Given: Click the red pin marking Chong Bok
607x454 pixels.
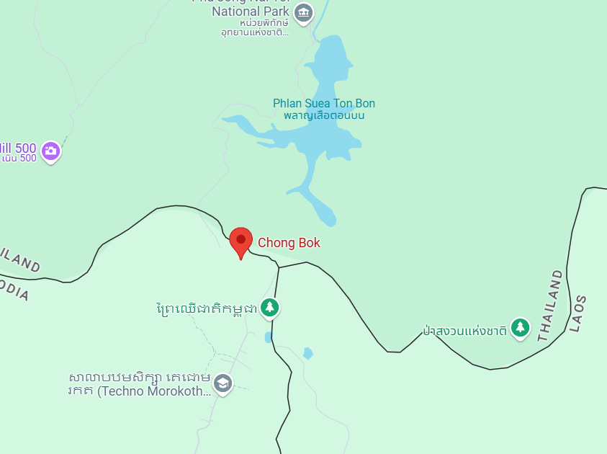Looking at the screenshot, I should pyautogui.click(x=240, y=241).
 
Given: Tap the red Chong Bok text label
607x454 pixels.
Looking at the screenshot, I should pyautogui.click(x=289, y=243).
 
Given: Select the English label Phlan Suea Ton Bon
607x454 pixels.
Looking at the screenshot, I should pyautogui.click(x=323, y=104).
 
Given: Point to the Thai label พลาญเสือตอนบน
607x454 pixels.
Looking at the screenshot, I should pyautogui.click(x=323, y=115).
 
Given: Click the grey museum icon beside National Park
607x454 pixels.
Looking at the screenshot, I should pyautogui.click(x=305, y=12).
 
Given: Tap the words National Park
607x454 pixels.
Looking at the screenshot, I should pyautogui.click(x=251, y=12).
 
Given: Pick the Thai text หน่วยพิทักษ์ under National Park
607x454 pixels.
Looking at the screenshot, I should pyautogui.click(x=255, y=23).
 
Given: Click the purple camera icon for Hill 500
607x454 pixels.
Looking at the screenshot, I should pyautogui.click(x=50, y=150).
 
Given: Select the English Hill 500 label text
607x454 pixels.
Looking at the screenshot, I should pyautogui.click(x=19, y=148).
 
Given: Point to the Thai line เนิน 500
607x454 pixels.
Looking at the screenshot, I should pyautogui.click(x=19, y=159).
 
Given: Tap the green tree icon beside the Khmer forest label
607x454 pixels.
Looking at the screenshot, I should pyautogui.click(x=270, y=308).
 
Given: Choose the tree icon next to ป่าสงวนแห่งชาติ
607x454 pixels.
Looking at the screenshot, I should pyautogui.click(x=520, y=328).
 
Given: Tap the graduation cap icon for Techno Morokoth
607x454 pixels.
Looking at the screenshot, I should pyautogui.click(x=223, y=383).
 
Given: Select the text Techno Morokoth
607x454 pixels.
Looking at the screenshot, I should pyautogui.click(x=154, y=391).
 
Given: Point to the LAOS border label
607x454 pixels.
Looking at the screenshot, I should pyautogui.click(x=577, y=313).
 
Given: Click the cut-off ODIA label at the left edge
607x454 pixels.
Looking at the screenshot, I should pyautogui.click(x=14, y=290).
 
